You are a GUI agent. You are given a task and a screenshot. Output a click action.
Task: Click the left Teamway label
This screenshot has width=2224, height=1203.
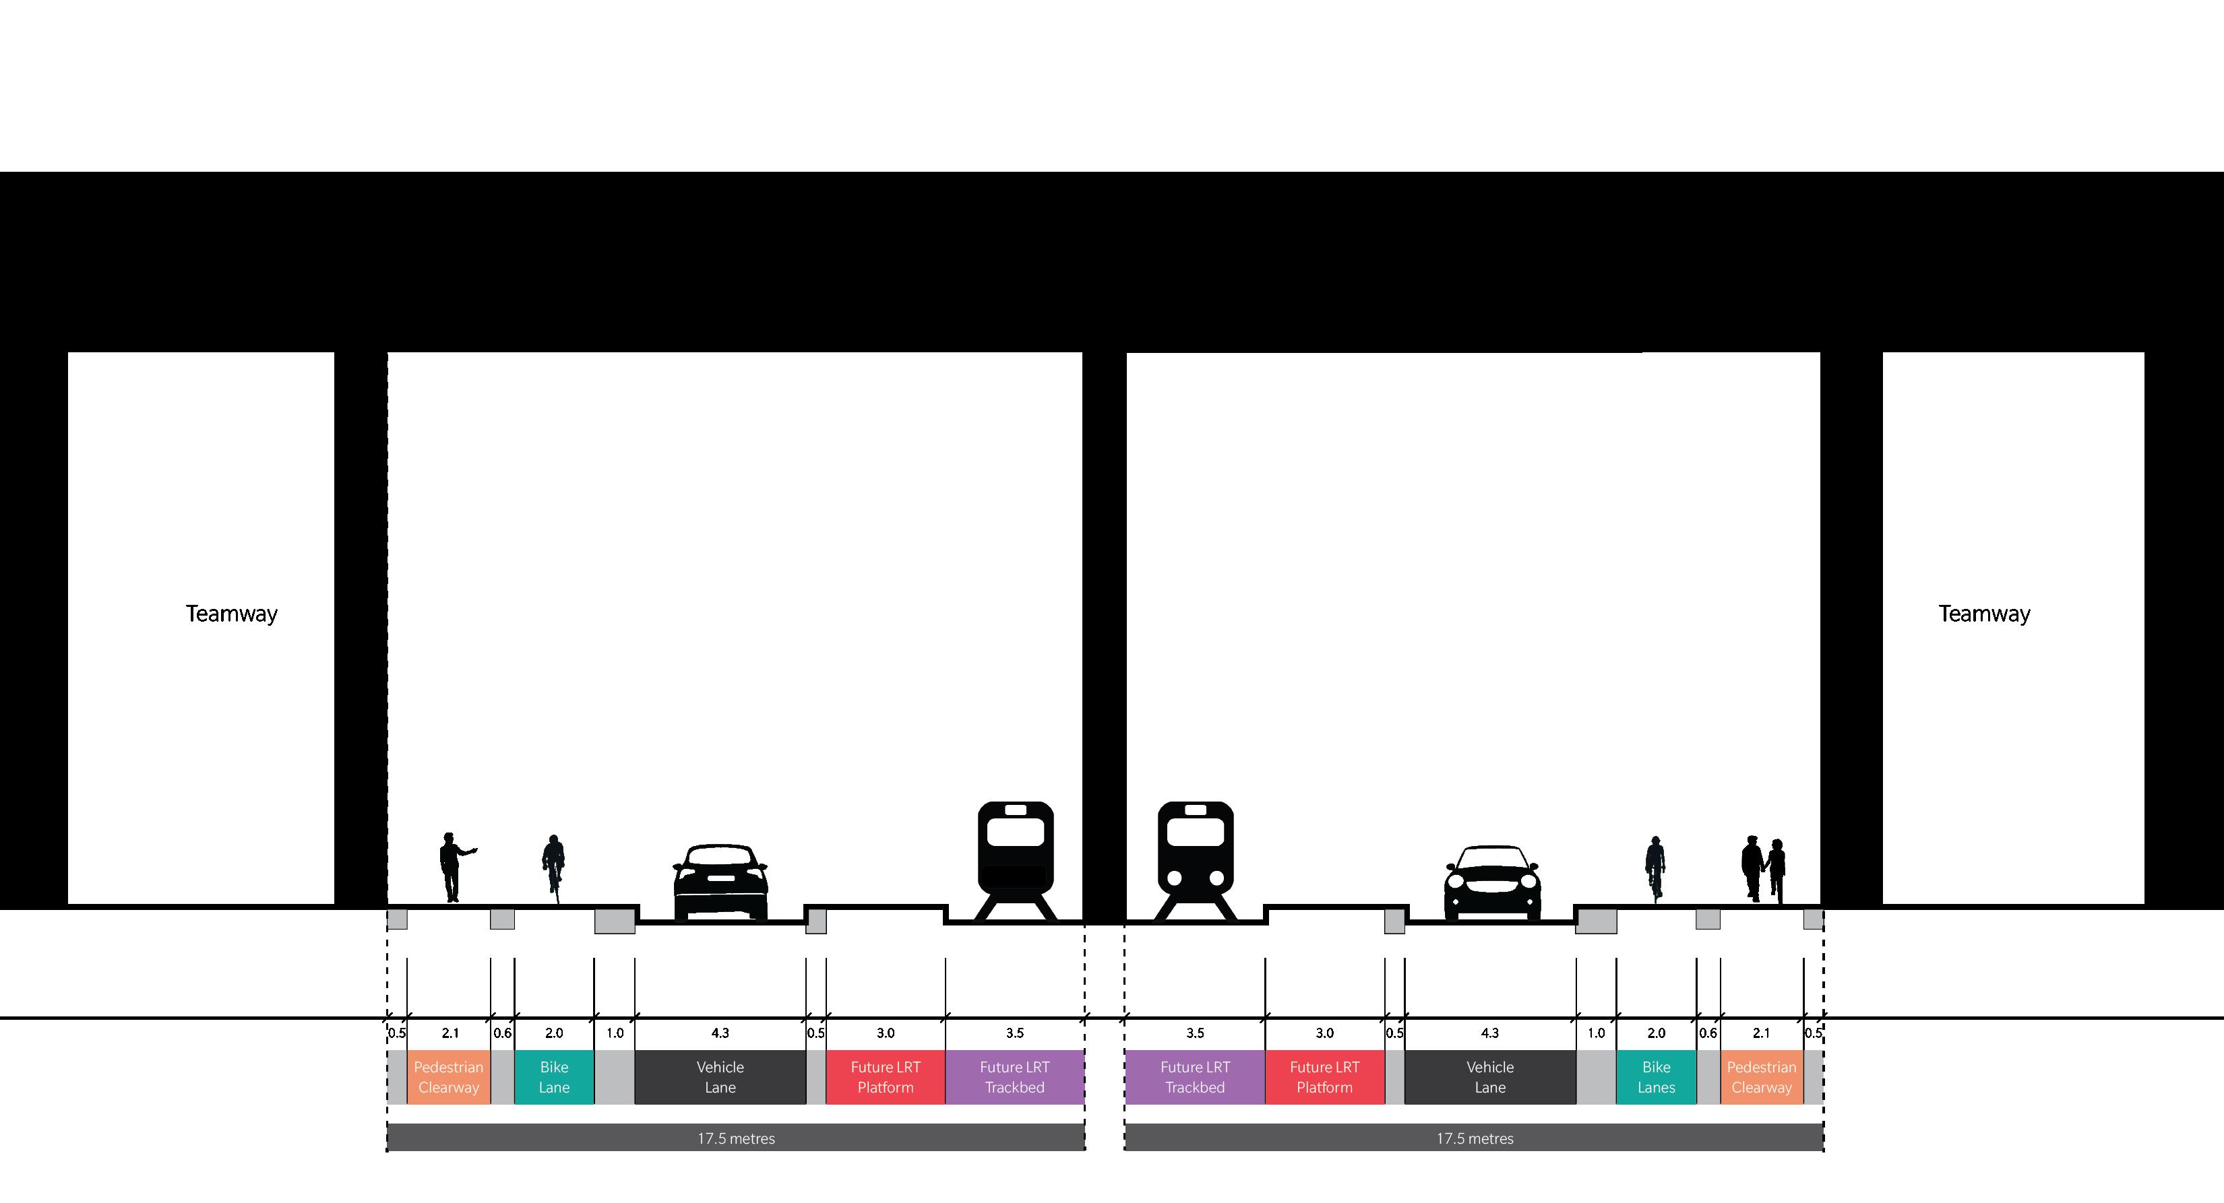point(231,614)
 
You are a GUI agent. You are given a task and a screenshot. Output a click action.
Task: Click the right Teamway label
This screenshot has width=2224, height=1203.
point(1984,614)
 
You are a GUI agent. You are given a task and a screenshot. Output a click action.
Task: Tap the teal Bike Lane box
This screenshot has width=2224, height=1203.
point(554,1077)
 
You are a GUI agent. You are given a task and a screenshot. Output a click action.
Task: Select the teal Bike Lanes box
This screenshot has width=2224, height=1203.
point(1656,1077)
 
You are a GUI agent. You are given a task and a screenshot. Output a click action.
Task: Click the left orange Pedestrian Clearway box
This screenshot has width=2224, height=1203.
point(448,1077)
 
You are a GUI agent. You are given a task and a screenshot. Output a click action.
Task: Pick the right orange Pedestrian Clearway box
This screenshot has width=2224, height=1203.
point(1761,1077)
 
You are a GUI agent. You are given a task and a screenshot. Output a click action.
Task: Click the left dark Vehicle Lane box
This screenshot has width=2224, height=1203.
point(720,1077)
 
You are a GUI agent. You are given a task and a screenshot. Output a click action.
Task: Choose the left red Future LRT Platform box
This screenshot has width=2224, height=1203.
point(885,1077)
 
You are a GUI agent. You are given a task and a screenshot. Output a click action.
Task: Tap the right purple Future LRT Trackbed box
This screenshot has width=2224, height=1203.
point(1195,1077)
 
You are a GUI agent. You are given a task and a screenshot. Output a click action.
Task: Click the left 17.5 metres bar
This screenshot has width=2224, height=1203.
point(735,1138)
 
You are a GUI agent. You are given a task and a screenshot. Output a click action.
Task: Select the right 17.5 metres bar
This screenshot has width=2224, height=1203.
point(1475,1138)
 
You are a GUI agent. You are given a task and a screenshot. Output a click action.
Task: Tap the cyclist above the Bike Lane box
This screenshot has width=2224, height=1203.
point(553,868)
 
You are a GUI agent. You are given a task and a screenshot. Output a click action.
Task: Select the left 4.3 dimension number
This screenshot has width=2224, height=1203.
point(720,1033)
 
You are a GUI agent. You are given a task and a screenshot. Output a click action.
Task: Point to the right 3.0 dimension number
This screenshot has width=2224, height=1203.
point(1324,1033)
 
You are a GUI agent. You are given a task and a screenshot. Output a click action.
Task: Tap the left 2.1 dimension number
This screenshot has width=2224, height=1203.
point(450,1033)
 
